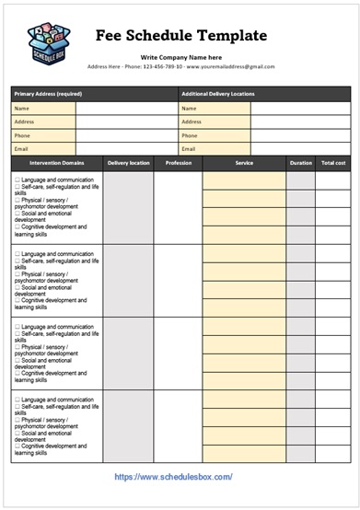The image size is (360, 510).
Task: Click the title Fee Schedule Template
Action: [x=181, y=35]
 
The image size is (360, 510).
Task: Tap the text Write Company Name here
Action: [x=181, y=57]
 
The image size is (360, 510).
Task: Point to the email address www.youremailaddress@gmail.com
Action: [x=230, y=66]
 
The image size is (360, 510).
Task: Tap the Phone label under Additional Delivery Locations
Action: [x=190, y=135]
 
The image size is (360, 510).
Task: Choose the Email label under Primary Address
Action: [x=22, y=148]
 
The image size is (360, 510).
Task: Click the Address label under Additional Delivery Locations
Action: [x=192, y=122]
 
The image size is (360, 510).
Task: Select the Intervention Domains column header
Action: [x=57, y=163]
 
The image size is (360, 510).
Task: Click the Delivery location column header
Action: [x=128, y=163]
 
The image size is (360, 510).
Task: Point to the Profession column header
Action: [x=178, y=163]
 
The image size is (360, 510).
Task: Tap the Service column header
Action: [x=244, y=163]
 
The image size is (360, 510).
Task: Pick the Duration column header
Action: [x=300, y=163]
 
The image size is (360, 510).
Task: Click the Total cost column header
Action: [x=332, y=163]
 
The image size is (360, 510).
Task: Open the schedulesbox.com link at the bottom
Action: [x=173, y=477]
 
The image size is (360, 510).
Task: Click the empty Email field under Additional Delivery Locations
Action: [x=299, y=148]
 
